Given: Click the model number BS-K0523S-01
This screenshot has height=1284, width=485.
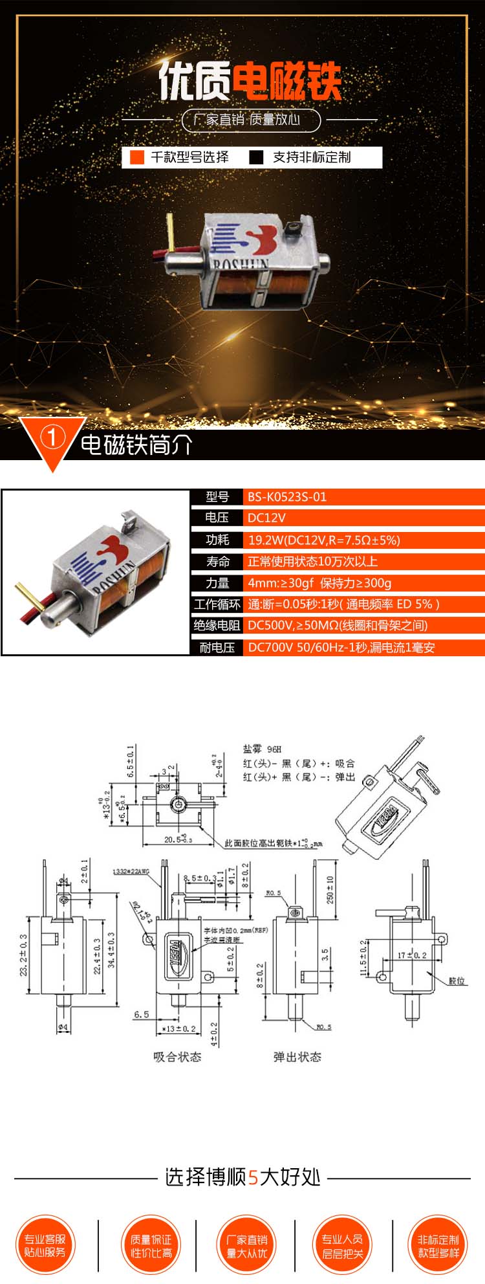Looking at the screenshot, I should point(287,497).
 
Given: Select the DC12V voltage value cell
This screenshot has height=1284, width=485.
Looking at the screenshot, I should point(266,518).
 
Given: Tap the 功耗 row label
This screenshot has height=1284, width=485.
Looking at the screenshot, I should point(217,540).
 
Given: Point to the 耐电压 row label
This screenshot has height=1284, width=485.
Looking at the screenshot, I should point(217,647).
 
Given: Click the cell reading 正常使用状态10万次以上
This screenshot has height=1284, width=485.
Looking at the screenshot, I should point(312,561).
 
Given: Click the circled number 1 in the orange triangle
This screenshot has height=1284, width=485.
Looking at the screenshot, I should point(52,438).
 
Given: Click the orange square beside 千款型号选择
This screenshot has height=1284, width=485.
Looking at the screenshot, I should point(136,157).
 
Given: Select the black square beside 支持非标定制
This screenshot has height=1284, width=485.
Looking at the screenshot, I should point(257,157).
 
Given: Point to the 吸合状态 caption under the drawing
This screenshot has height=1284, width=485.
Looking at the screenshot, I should point(177,1057).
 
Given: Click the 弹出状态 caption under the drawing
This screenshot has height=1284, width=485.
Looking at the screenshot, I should point(297,1057).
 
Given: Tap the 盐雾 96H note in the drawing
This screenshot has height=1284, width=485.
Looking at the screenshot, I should point(262,749).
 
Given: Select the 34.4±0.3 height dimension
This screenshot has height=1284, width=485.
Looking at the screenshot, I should point(111,949).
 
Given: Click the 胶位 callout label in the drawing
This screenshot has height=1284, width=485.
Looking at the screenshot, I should point(457,980).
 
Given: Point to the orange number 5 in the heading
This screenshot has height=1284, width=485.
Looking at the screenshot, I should point(253,1177).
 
